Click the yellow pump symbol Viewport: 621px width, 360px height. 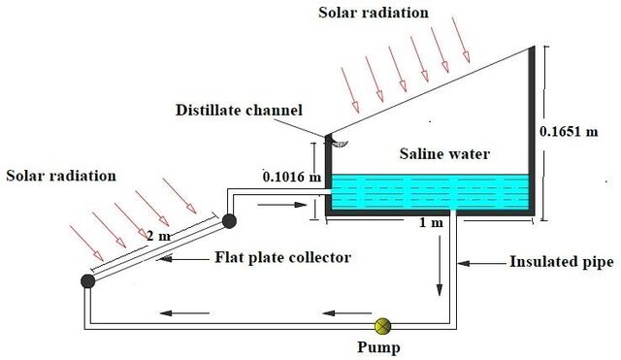[x=382, y=326]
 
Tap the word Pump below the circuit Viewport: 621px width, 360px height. [x=378, y=347]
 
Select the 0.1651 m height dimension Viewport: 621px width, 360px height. [x=569, y=131]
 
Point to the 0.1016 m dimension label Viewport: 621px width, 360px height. [x=292, y=177]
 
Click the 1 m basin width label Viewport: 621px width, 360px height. [x=431, y=222]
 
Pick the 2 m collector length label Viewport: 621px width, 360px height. [x=158, y=236]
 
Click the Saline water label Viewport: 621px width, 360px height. [x=444, y=153]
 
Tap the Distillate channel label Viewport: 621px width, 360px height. [x=239, y=110]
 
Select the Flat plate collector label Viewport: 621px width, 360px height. [x=282, y=257]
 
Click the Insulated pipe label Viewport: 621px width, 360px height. [x=561, y=262]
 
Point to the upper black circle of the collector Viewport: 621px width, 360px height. [x=229, y=221]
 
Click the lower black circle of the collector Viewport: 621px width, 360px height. [x=88, y=281]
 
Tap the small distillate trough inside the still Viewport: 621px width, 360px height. [x=340, y=143]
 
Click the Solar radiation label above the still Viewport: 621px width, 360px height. [x=374, y=13]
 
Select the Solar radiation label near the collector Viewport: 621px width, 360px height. [x=61, y=176]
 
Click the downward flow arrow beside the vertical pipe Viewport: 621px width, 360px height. [x=440, y=266]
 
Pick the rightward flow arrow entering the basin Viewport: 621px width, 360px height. [x=282, y=205]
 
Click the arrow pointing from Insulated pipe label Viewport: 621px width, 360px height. [x=482, y=263]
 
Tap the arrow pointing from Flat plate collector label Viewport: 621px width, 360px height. [x=182, y=259]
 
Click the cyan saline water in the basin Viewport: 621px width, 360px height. [x=430, y=192]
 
